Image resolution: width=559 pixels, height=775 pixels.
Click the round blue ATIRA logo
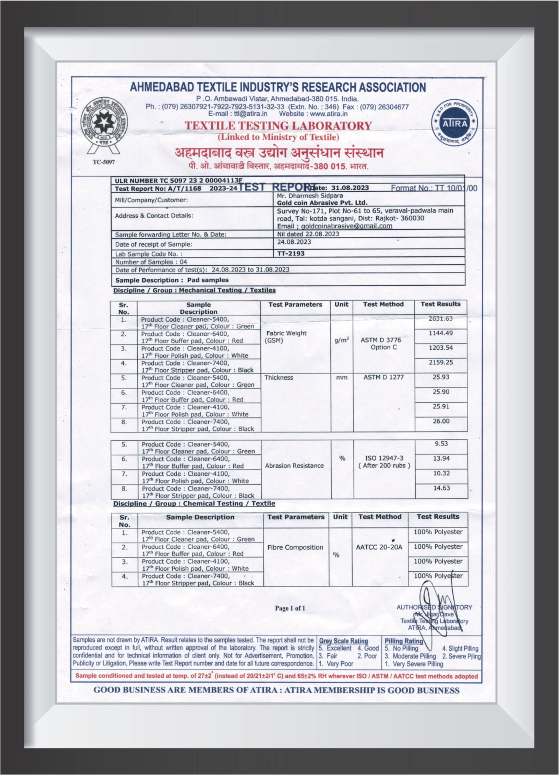[455, 123]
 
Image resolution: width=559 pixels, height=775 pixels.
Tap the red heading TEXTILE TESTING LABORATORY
[278, 126]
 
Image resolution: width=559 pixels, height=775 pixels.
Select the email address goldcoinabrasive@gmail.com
[346, 226]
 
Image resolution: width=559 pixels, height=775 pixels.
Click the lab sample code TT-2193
[291, 253]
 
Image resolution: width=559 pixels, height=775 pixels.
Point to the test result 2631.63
[441, 319]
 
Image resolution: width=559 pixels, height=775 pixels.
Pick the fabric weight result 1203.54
[441, 348]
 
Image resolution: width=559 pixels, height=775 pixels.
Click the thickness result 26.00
[441, 421]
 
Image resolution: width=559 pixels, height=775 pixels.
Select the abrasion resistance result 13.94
[441, 458]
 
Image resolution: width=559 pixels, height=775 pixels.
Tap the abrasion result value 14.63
[441, 488]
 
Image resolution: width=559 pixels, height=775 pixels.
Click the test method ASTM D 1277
[383, 377]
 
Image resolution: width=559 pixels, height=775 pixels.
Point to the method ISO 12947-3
[384, 458]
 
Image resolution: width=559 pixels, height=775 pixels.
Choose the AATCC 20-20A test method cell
[379, 547]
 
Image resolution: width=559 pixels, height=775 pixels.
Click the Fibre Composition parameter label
[295, 547]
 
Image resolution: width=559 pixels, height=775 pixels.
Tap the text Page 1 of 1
[290, 608]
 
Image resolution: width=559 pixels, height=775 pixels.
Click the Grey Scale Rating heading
[343, 641]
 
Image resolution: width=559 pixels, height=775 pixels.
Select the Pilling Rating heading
[404, 641]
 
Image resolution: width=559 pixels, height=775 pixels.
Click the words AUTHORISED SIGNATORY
[434, 607]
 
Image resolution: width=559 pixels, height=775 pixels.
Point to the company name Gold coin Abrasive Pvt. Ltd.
[322, 203]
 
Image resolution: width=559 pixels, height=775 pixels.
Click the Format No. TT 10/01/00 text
[434, 188]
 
